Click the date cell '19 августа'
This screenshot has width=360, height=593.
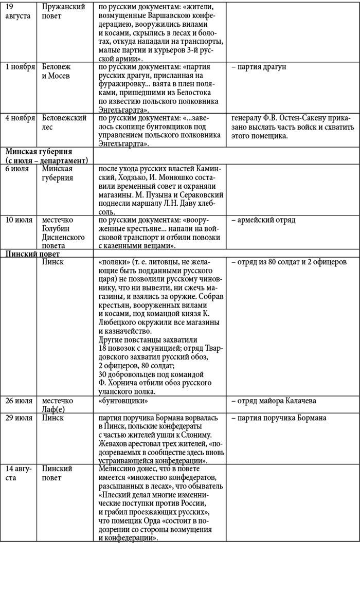pyautogui.click(x=17, y=11)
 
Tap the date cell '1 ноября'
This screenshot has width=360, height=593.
pyautogui.click(x=20, y=67)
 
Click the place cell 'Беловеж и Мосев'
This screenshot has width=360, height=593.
pyautogui.click(x=56, y=71)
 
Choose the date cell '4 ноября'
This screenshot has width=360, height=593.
pyautogui.click(x=20, y=118)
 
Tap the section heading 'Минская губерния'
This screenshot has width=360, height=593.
pyautogui.click(x=39, y=152)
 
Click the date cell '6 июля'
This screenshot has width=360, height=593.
pyautogui.click(x=17, y=168)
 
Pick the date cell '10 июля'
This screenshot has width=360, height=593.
pyautogui.click(x=19, y=220)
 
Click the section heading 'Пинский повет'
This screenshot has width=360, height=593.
pyautogui.click(x=32, y=254)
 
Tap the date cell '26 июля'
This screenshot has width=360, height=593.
pyautogui.click(x=19, y=401)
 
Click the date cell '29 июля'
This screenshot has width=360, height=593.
pyautogui.click(x=19, y=418)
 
